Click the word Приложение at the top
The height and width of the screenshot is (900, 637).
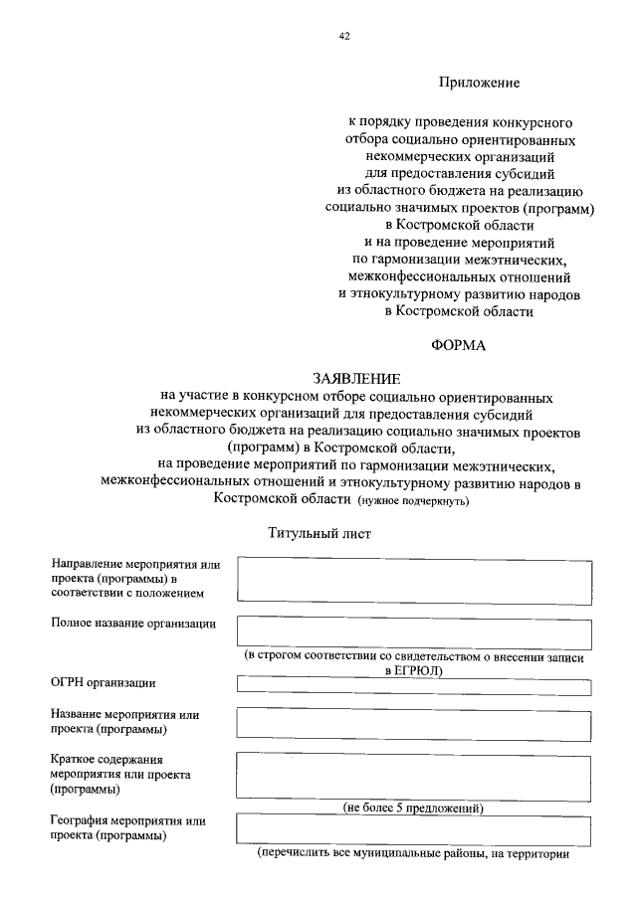480,83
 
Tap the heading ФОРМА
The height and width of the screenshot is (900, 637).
459,346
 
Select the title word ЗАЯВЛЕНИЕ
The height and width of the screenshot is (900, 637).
356,379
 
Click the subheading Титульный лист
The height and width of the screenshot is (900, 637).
319,533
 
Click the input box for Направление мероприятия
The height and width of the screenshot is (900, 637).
414,580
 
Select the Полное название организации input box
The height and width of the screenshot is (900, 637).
414,633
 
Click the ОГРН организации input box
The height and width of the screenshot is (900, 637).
414,687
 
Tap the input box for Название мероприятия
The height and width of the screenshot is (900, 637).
414,722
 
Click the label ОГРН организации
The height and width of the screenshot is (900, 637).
104,682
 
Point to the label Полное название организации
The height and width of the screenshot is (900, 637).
133,624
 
